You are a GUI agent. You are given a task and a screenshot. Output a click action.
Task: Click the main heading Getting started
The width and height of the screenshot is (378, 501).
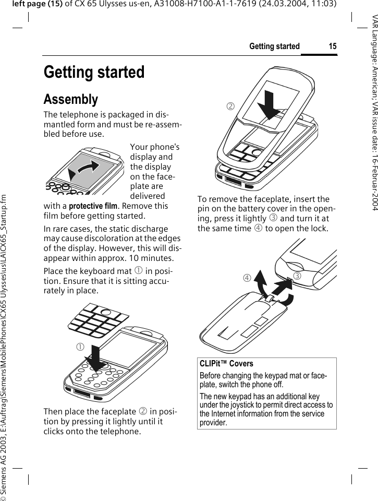pos(94,72)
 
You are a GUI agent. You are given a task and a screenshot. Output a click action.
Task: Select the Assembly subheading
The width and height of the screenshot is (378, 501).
pos(71,99)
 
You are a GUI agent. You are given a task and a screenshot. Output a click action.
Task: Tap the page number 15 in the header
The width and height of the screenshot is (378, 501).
pos(332,46)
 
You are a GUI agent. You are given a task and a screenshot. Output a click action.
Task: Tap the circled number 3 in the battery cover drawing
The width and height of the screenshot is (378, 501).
pos(298,276)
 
